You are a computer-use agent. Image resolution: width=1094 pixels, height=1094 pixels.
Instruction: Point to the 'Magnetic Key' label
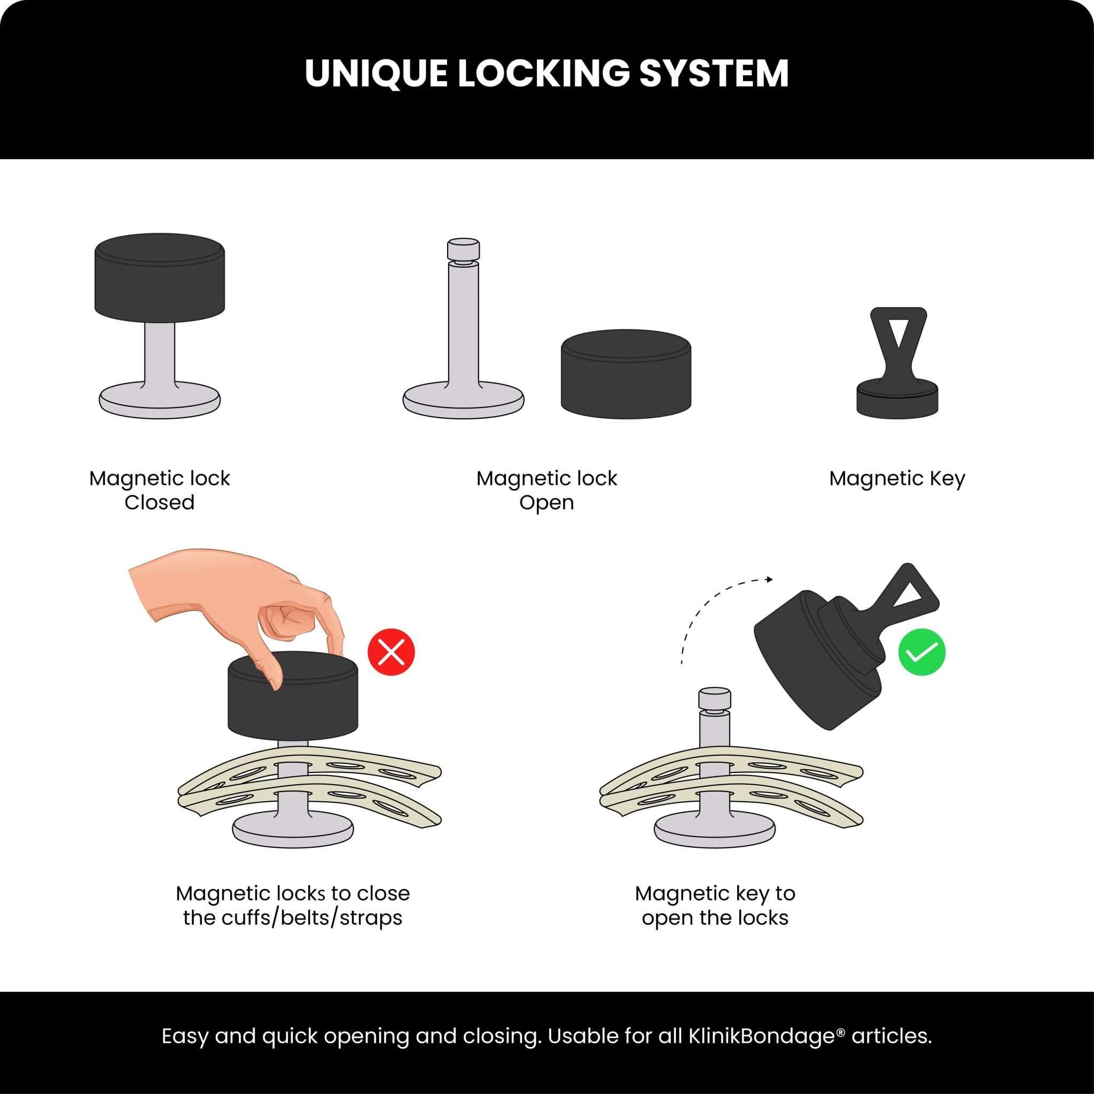click(897, 479)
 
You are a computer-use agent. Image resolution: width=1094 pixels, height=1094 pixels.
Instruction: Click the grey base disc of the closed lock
click(160, 402)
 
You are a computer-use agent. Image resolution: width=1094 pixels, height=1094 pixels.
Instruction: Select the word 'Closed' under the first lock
click(160, 502)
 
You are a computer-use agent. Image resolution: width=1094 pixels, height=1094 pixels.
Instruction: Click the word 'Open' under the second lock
click(546, 502)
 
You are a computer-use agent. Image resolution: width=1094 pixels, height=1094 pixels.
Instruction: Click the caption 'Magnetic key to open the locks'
click(715, 905)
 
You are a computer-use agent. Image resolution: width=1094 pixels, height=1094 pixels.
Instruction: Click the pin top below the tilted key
click(715, 698)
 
